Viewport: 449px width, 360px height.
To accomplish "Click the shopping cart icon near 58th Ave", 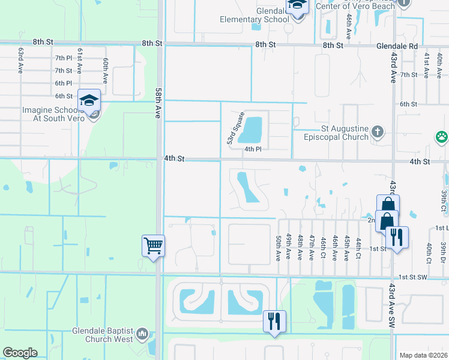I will pos(152,245).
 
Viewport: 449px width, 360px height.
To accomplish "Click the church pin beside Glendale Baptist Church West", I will pos(142,333).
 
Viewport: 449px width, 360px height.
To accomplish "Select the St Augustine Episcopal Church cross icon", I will pos(377,131).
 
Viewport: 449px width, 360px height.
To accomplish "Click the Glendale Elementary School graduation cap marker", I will pos(297,6).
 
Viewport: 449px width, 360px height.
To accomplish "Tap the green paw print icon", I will pos(442,137).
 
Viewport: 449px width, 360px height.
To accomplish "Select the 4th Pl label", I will pos(253,149).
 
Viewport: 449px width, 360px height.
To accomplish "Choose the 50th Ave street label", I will pos(279,247).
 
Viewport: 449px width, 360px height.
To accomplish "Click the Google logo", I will pos(20,353).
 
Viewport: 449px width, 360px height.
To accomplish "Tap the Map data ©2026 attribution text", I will pos(423,355).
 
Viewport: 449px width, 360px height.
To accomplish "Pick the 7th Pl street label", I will pos(63,58).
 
